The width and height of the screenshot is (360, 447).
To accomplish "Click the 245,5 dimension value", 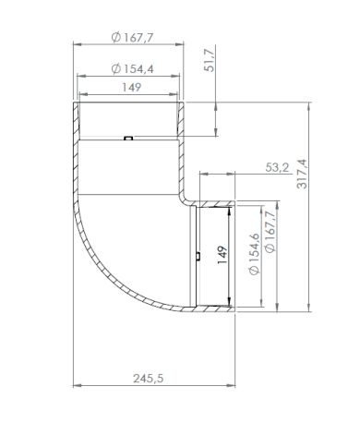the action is tap(149, 378).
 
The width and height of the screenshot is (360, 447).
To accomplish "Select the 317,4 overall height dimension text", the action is tap(302, 174).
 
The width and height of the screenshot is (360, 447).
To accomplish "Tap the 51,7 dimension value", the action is tap(210, 60).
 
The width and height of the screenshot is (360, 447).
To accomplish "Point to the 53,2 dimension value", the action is tap(277, 167).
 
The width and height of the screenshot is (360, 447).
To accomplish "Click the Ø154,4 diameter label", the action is tap(132, 68).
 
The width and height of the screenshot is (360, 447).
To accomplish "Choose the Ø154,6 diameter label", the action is tap(255, 254).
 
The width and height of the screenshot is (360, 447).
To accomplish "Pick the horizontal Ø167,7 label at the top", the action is tap(132, 38).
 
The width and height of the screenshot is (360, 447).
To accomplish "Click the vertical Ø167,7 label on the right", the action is tap(270, 232).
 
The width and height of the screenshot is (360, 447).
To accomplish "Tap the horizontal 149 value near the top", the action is tap(132, 88).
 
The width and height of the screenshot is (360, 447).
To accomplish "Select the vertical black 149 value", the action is tap(222, 255).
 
